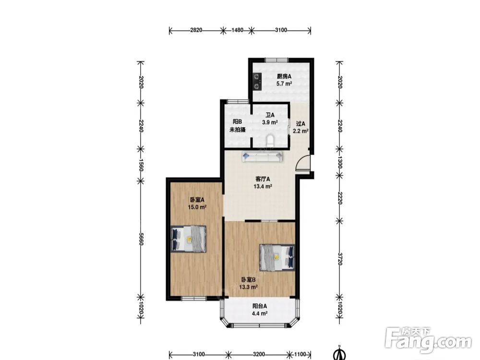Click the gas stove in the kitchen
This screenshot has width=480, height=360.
[257, 82]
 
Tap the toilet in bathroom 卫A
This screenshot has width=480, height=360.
[270, 141]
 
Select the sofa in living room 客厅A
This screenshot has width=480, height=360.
[263, 156]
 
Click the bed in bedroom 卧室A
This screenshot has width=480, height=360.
[188, 239]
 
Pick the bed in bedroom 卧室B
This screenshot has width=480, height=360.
[277, 257]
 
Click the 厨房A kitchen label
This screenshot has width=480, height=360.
[284, 76]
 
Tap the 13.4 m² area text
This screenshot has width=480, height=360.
[263, 186]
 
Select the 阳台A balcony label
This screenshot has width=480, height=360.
[260, 306]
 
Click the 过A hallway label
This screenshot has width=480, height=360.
[300, 124]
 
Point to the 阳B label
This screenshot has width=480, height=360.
[237, 122]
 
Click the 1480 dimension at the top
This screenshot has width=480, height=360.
[237, 30]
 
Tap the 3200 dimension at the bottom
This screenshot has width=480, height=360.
[259, 354]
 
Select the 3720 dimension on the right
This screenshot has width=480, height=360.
[339, 259]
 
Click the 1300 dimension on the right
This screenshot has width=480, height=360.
[339, 162]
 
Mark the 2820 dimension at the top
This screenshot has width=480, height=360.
[196, 30]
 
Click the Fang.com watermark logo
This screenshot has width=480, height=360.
[428, 340]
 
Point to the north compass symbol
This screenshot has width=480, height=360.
[339, 353]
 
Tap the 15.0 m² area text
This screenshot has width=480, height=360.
[197, 207]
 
